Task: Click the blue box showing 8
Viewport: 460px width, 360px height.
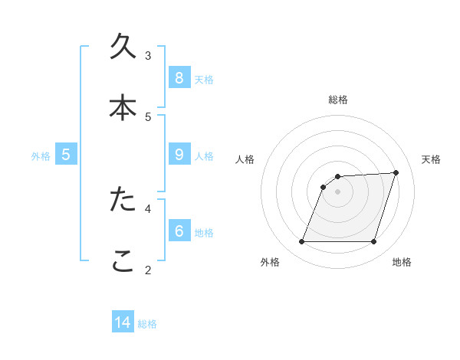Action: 179,77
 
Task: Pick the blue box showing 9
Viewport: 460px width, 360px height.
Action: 179,155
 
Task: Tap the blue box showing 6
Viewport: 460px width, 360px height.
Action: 179,231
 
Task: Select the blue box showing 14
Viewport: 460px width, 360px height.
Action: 123,322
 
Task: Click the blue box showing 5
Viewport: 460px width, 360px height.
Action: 66,155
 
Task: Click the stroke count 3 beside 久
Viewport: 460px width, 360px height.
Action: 148,55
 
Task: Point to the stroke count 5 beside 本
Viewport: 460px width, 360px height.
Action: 148,116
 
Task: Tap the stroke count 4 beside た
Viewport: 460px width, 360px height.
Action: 148,208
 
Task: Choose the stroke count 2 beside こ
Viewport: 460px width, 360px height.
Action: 148,269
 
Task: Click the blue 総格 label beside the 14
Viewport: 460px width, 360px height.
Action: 147,324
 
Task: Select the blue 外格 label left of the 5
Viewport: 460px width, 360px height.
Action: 41,156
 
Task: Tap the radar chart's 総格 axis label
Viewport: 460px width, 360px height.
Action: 338,100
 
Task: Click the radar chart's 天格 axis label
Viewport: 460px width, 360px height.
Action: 432,159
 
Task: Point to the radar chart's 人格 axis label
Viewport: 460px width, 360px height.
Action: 245,159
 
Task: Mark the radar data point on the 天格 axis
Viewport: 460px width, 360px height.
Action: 396,172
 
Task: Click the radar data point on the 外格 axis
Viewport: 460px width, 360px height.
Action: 301,242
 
